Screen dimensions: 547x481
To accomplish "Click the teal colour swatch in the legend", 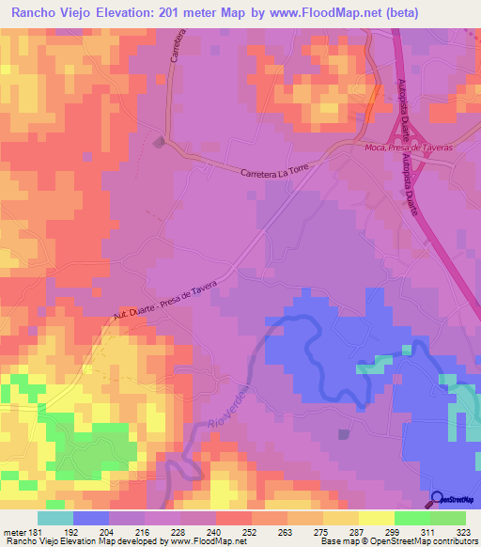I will point(55,518).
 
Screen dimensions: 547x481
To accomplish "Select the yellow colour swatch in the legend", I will point(377,518).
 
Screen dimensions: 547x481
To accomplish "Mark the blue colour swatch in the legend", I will point(91,518).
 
